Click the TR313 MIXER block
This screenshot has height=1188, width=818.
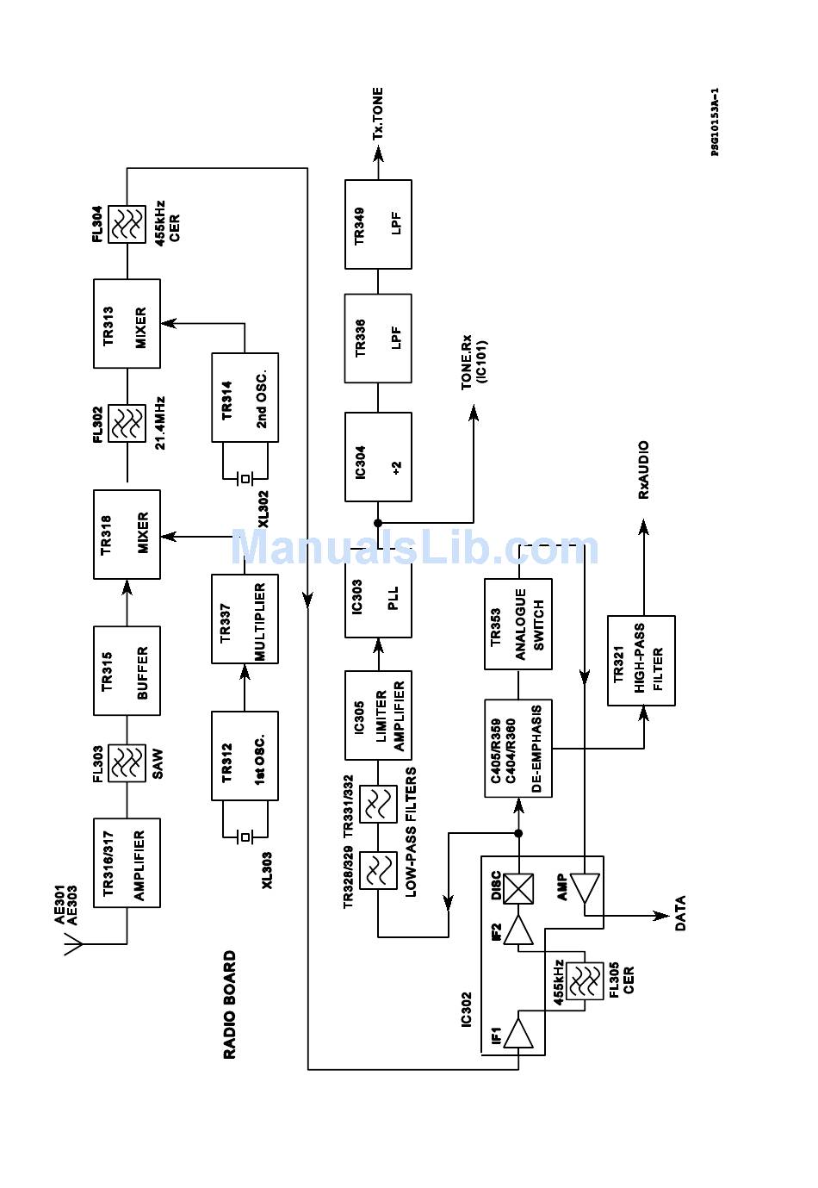[127, 324]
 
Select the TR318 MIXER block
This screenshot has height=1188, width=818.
[127, 534]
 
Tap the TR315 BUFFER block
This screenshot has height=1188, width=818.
[127, 671]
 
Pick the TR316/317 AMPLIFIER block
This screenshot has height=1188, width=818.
[127, 863]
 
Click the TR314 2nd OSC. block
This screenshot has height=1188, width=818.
[245, 397]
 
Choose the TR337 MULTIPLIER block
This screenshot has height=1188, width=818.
[245, 619]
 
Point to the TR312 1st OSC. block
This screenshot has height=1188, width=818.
[245, 756]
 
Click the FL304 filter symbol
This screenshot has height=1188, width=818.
[127, 224]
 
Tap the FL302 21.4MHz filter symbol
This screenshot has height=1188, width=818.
[127, 423]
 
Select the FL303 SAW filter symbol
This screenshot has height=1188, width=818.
[127, 762]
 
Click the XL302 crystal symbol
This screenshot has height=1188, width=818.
[245, 478]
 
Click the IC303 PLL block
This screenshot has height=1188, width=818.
[378, 593]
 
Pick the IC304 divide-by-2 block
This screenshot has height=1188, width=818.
[378, 457]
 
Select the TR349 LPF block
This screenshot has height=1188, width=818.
[378, 224]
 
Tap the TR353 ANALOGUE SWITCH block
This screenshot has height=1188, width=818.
[518, 624]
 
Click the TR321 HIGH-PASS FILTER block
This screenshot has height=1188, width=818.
[641, 660]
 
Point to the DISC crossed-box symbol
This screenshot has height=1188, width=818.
[518, 888]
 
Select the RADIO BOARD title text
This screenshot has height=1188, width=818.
[229, 1005]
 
